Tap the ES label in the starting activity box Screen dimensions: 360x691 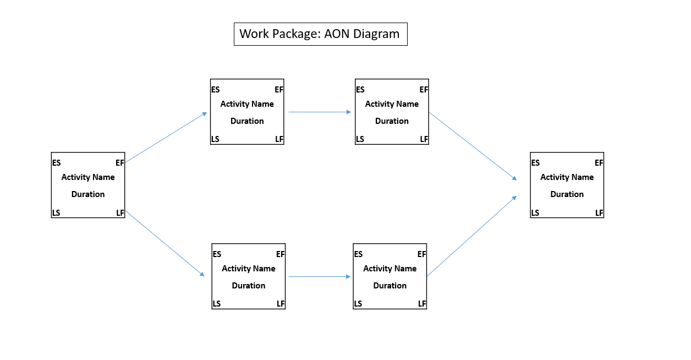click(x=57, y=163)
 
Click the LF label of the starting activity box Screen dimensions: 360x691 click(x=120, y=213)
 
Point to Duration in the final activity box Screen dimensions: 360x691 click(x=567, y=194)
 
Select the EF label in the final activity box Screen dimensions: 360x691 click(x=599, y=163)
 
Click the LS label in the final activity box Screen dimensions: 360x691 click(x=535, y=213)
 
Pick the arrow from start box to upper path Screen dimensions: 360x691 click(x=166, y=138)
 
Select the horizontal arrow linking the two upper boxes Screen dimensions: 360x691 click(x=320, y=112)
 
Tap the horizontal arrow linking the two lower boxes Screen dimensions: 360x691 click(x=320, y=277)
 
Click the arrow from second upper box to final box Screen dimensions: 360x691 click(x=473, y=146)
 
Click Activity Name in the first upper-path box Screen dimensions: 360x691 click(x=247, y=104)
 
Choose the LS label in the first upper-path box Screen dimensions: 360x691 click(x=215, y=139)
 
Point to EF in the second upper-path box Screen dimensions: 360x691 click(x=424, y=90)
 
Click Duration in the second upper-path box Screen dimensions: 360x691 click(x=392, y=121)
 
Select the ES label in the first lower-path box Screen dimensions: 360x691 click(x=217, y=254)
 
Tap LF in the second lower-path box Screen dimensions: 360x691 click(x=422, y=304)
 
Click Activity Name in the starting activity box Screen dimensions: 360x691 click(x=88, y=177)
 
